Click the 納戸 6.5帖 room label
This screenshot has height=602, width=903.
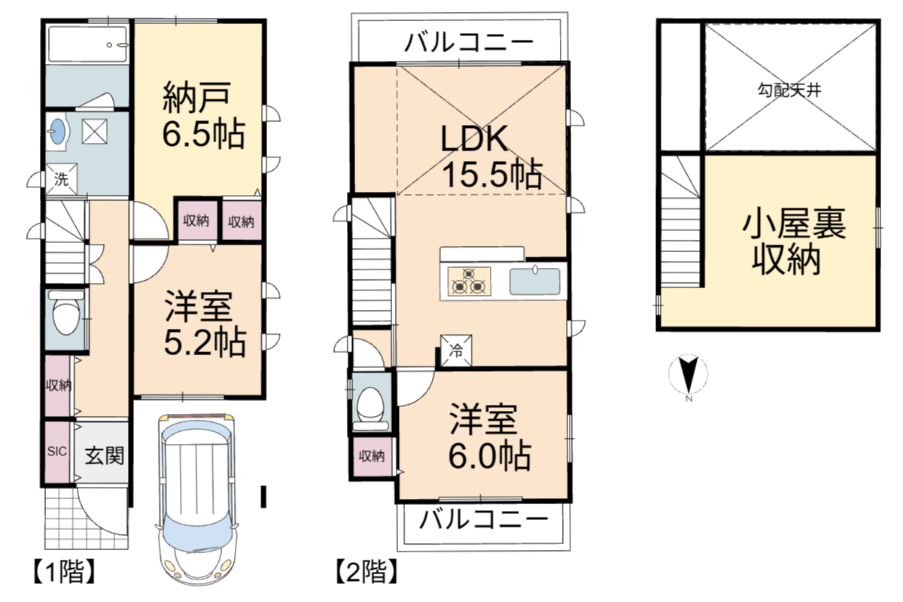[204, 115]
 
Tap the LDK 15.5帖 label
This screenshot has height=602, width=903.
[491, 157]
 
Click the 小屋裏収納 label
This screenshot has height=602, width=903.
[793, 242]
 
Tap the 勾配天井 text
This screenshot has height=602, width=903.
[789, 90]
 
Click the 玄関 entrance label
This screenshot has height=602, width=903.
[104, 455]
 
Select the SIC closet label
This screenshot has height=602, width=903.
[57, 451]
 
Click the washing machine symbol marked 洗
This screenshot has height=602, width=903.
[61, 179]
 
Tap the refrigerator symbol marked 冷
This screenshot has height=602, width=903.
[456, 351]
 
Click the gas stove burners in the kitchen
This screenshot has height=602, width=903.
[469, 281]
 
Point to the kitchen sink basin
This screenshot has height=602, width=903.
[534, 281]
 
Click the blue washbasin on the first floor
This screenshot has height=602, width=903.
[58, 131]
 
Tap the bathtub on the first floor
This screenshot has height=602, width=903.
[87, 44]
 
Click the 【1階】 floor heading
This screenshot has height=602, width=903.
[65, 571]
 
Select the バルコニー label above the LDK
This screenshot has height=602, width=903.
[468, 43]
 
